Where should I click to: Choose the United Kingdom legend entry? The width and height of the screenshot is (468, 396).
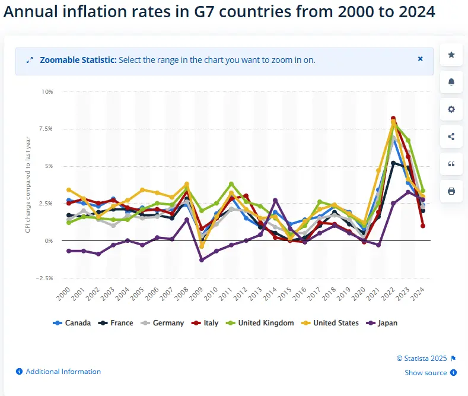click(261, 323)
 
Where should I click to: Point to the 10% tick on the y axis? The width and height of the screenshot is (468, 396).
click(47, 92)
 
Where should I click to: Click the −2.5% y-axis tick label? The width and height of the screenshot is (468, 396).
click(44, 278)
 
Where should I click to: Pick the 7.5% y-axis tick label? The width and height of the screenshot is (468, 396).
click(46, 129)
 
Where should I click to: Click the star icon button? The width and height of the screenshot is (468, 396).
click(451, 55)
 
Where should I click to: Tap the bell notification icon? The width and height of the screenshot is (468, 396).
click(451, 82)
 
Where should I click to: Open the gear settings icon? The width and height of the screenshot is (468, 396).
click(451, 109)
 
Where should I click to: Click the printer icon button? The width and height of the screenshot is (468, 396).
click(451, 191)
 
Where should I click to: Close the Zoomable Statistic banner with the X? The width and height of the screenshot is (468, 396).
click(421, 59)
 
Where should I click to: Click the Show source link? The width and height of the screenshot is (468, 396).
click(426, 373)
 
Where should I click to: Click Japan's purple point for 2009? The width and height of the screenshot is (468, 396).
click(202, 260)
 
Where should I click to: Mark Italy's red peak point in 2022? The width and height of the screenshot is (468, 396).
click(393, 119)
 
